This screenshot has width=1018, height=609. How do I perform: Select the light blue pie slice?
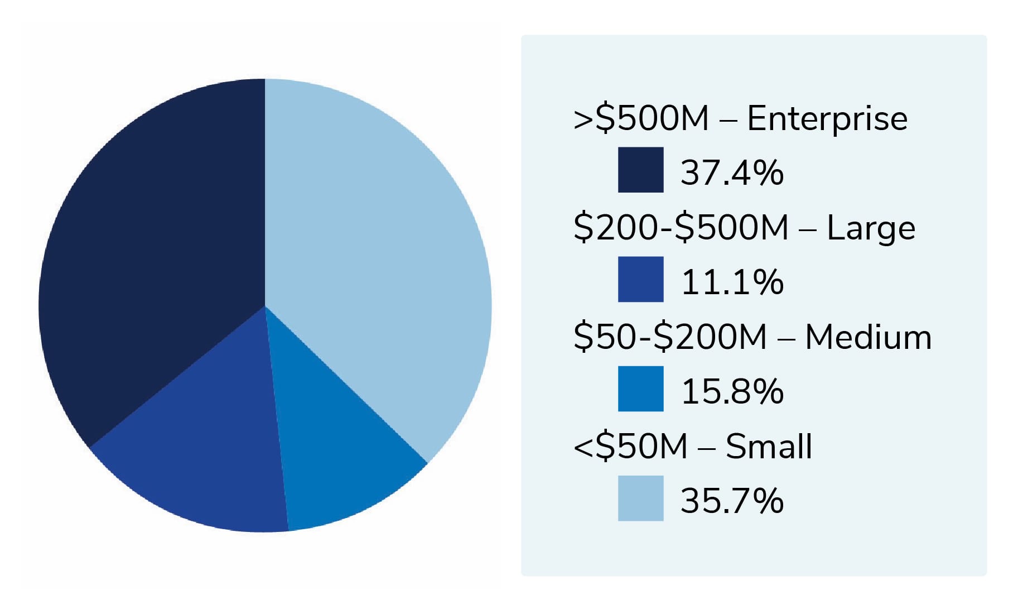click(x=379, y=251)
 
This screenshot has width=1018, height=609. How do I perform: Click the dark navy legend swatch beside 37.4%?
click(x=640, y=170)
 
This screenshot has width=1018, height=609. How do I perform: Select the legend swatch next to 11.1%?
click(x=640, y=279)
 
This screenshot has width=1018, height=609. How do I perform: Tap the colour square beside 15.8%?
click(x=640, y=389)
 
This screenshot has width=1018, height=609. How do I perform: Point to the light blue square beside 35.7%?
click(x=640, y=498)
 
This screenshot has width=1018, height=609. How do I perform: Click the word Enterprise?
click(x=827, y=118)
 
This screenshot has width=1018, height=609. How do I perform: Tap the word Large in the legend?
click(x=870, y=228)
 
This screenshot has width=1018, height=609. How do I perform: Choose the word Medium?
click(x=868, y=337)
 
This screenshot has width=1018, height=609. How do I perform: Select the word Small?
click(x=769, y=447)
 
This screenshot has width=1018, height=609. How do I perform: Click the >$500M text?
click(x=640, y=118)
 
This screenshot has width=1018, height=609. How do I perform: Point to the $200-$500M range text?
click(x=681, y=228)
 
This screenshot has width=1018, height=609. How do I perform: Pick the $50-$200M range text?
click(x=670, y=337)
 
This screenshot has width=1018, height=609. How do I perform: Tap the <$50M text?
click(x=630, y=447)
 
